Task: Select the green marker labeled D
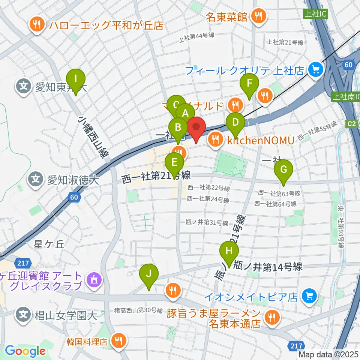click(235, 123)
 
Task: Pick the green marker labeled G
click(283, 170)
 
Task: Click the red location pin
click(196, 127)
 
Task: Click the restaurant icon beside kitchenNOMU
click(215, 139)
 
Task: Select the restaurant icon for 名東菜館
click(258, 16)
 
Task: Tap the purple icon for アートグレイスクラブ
click(92, 279)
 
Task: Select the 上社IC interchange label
click(312, 14)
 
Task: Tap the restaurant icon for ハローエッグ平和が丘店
click(36, 25)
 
